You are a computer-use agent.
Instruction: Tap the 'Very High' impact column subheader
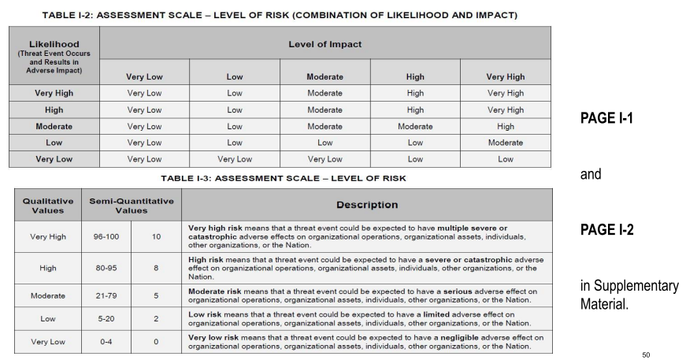pos(504,76)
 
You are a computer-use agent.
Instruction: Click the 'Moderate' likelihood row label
pos(55,126)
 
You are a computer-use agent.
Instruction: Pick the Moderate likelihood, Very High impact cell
pos(504,126)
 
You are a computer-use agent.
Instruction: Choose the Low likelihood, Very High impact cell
pos(504,143)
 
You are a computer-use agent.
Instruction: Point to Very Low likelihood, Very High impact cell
pos(504,159)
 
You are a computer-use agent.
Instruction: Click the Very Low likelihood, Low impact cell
pos(234,159)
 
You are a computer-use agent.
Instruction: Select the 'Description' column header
pos(369,204)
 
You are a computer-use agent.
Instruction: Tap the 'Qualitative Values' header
pos(43,204)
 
